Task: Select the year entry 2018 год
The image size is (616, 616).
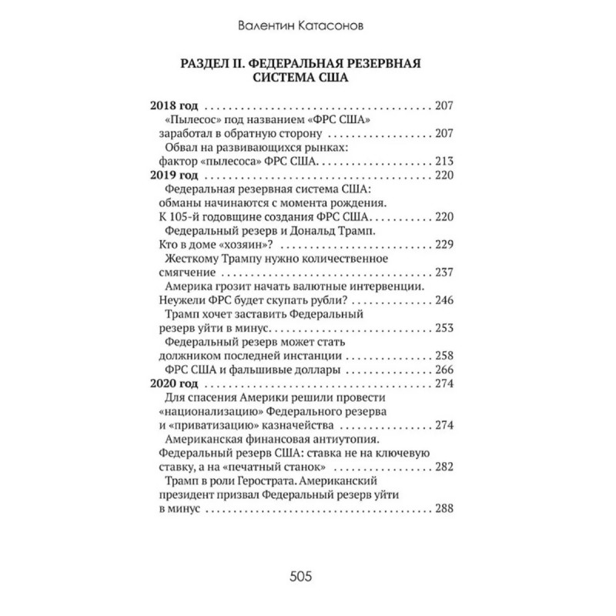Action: pos(175,105)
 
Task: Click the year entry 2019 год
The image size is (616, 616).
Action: pos(175,176)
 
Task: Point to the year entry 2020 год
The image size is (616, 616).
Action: pos(175,384)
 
